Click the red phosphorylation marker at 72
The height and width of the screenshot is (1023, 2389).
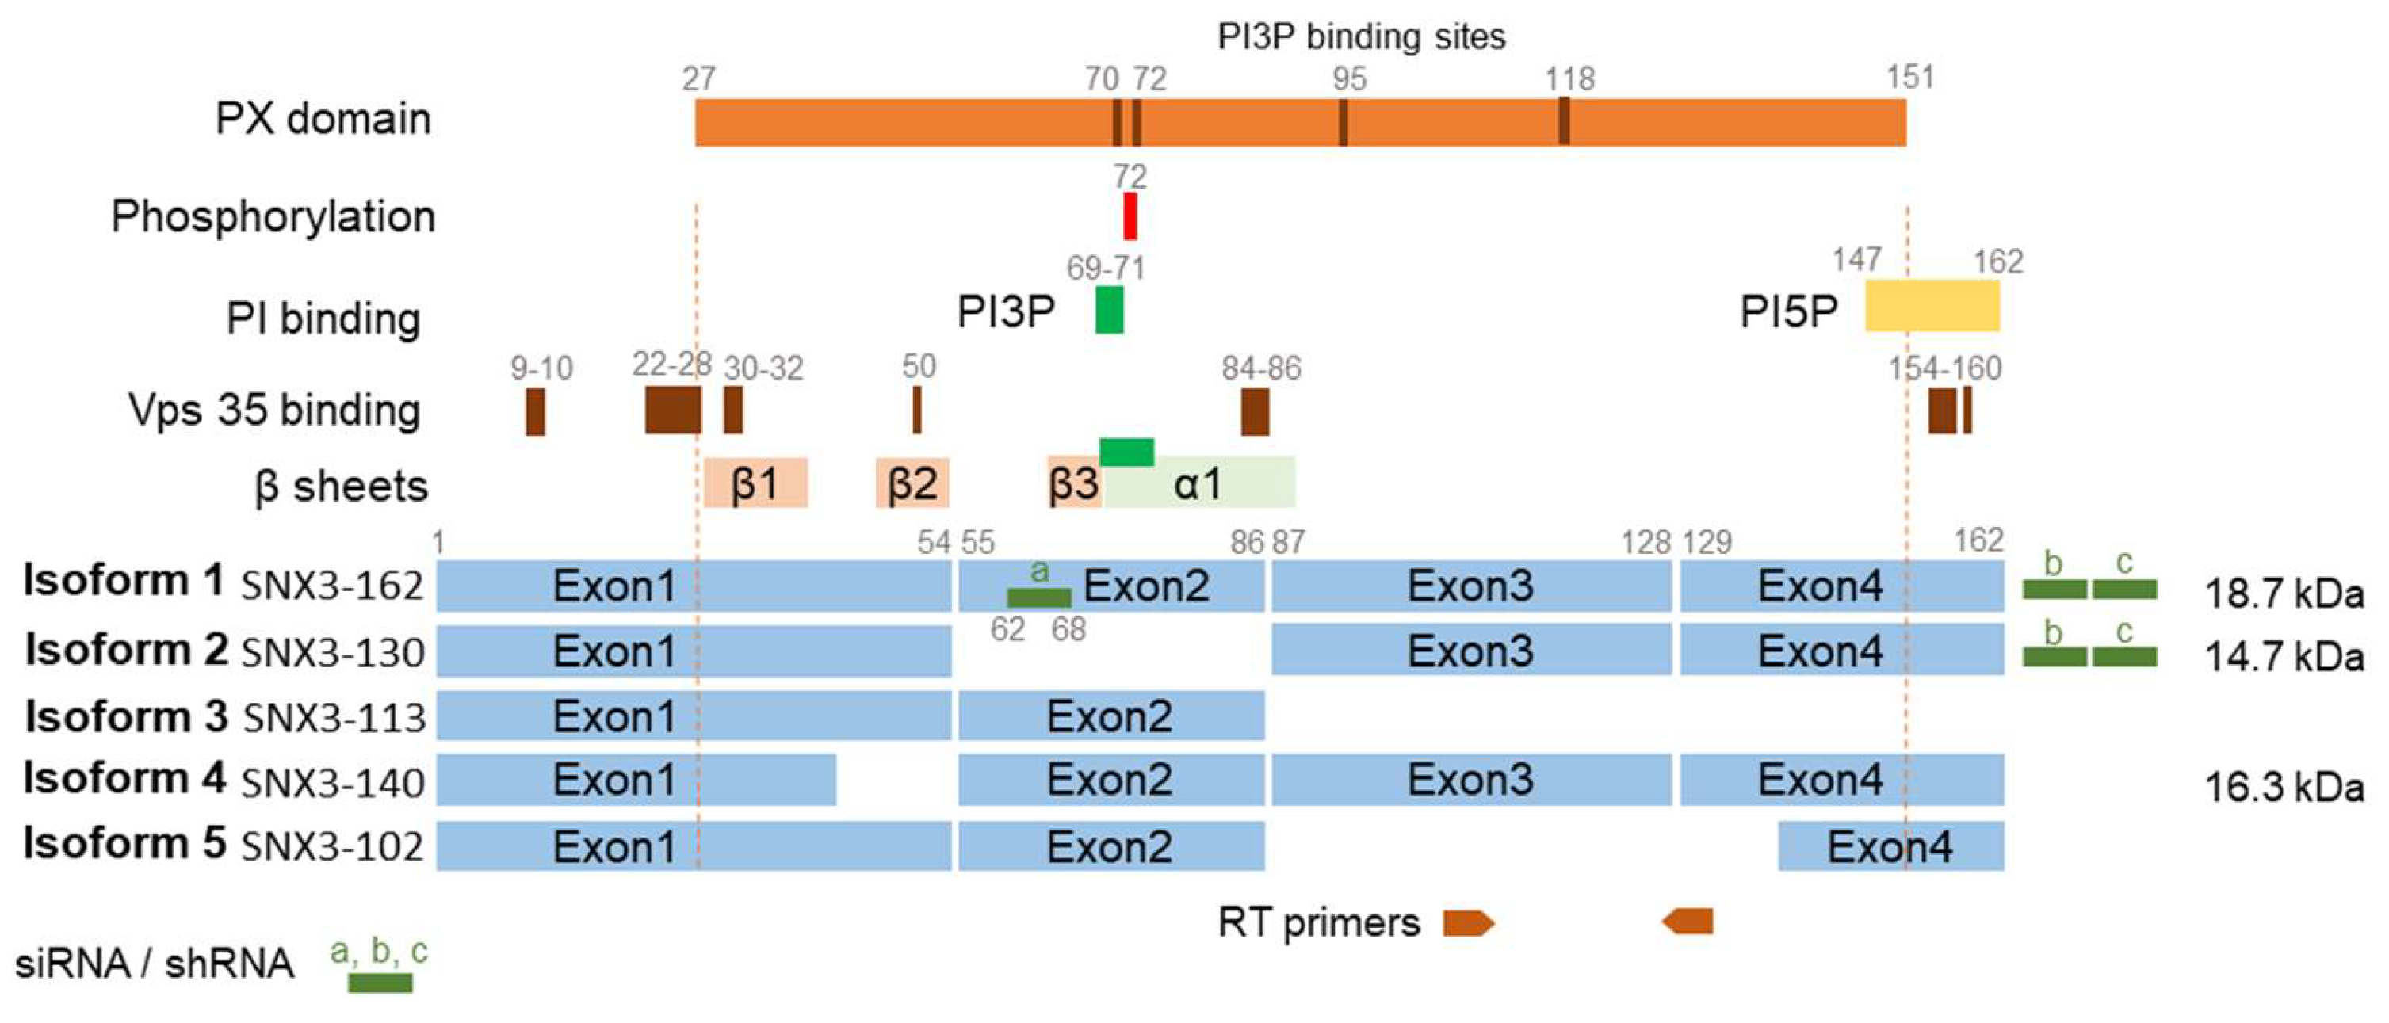[1130, 216]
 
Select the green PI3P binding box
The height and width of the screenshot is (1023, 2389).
[1109, 310]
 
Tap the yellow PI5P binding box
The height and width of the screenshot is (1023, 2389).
[1932, 305]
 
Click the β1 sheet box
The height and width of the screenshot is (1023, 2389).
[755, 483]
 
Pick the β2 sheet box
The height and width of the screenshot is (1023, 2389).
[912, 483]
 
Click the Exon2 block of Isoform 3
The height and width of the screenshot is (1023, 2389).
[1111, 716]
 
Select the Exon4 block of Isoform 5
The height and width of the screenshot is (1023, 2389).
[1890, 846]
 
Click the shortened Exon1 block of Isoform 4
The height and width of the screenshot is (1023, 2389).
[636, 780]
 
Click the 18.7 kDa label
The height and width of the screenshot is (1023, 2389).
[2284, 594]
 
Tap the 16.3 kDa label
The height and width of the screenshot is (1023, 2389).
[2284, 788]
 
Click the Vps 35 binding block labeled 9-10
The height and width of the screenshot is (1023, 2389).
[535, 412]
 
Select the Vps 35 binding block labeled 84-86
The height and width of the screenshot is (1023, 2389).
[1255, 412]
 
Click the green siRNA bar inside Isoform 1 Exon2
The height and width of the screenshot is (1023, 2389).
[1038, 597]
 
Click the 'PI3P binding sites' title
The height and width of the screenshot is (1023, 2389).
[1360, 37]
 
